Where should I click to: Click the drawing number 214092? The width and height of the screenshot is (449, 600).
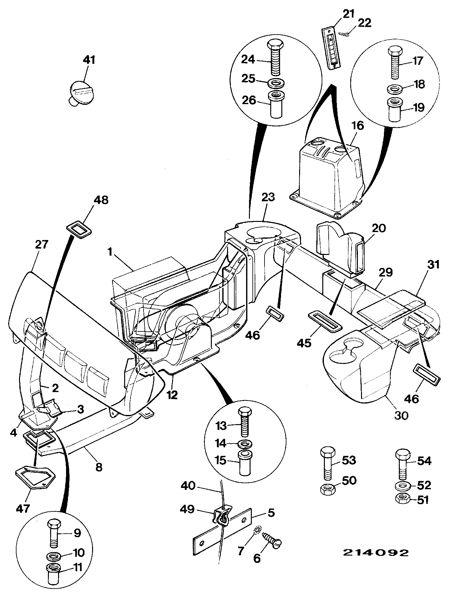[x=376, y=552]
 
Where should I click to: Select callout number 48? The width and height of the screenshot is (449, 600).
[x=101, y=200]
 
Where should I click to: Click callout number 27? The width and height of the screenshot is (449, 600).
[x=41, y=245]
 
